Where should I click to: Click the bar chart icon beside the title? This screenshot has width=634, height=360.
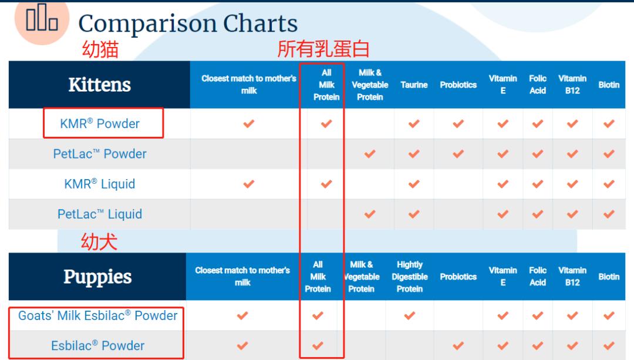42,18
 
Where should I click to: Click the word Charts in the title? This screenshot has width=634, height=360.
261,23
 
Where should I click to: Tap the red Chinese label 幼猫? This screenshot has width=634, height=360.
100,49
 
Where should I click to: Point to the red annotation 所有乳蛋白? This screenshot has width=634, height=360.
323,49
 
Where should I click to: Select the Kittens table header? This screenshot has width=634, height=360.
99,85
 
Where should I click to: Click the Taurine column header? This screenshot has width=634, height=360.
414,85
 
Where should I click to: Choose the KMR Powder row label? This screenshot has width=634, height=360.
99,123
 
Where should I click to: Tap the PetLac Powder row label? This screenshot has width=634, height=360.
99,154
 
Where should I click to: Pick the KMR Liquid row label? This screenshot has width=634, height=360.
99,184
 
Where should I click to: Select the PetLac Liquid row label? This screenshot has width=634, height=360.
99,214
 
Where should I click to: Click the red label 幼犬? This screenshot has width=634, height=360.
99,242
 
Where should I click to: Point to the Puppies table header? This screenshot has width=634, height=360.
97,277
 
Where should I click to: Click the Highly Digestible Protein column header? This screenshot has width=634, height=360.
410,277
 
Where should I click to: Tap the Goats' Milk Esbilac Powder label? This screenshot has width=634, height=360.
98,315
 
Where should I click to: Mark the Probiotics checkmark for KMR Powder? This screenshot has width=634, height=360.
458,123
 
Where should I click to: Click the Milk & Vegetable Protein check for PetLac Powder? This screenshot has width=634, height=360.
370,154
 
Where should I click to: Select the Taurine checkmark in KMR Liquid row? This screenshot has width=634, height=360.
414,184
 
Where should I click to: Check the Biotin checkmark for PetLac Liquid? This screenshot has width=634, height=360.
609,214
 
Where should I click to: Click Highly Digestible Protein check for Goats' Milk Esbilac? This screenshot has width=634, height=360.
410,315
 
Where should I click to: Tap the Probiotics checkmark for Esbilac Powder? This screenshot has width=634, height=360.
458,346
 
